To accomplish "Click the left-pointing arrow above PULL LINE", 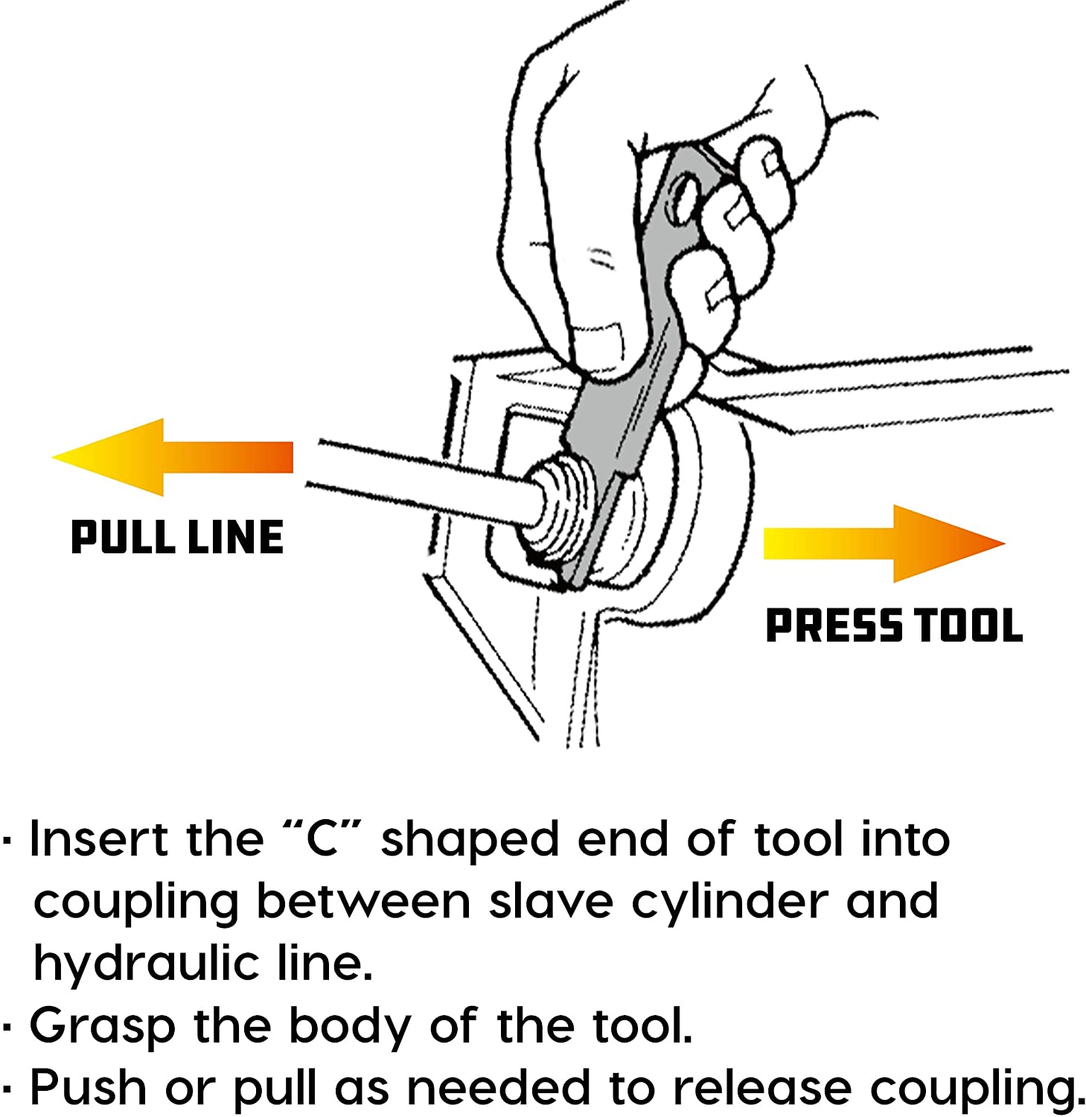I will (x=171, y=456).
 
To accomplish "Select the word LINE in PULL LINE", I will (x=235, y=538).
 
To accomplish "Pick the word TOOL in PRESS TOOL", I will (x=968, y=625).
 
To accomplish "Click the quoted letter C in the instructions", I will (x=322, y=839).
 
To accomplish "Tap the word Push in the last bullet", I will (x=88, y=1088).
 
